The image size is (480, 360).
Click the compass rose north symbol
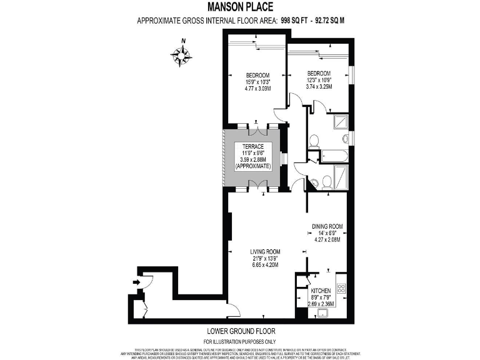[x=181, y=55]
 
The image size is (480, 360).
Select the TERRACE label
[x=252, y=146]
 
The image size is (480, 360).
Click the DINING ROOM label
[x=327, y=226]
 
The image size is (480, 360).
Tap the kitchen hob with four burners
[x=341, y=288]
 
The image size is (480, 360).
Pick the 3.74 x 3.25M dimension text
[x=318, y=86]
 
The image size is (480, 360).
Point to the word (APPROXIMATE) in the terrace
[x=252, y=166]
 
